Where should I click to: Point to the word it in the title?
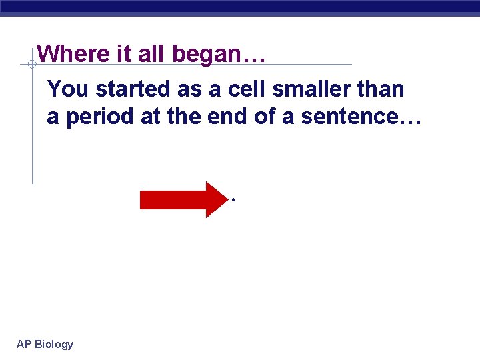[125, 53]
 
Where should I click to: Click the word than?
[379, 89]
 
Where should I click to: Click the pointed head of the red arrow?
[217, 199]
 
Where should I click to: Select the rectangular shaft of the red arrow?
[173, 199]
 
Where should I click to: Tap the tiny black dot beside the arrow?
[233, 199]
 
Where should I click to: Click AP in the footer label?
[23, 344]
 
